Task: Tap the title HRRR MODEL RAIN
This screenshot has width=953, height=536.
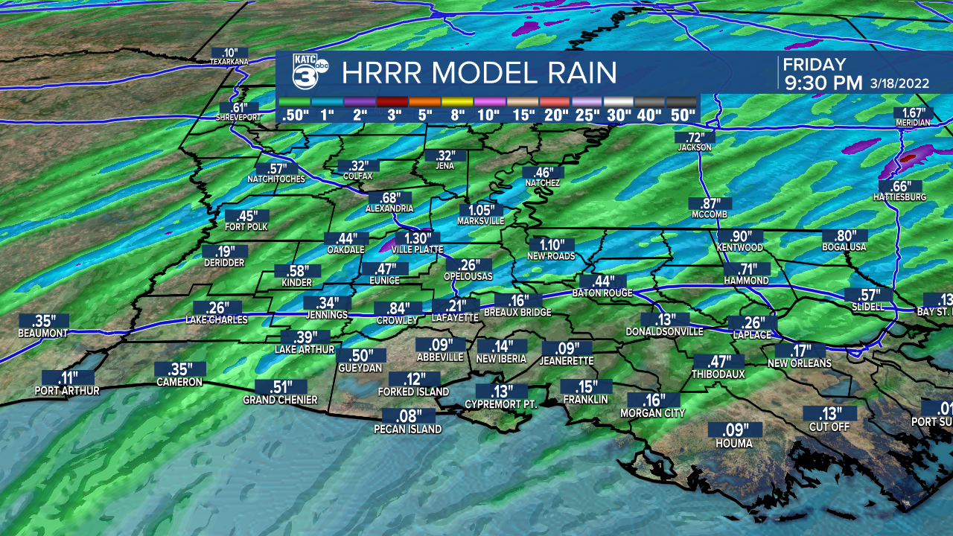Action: coord(479,73)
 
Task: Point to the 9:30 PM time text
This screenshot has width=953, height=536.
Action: coord(823,83)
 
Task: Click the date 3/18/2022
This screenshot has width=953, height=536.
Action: coord(899,83)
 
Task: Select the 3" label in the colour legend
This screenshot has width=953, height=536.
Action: coord(394,115)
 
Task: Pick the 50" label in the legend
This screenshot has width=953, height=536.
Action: coord(682,115)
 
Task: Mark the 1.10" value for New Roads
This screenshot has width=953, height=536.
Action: coord(552,244)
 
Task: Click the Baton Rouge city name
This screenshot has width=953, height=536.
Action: coord(602,293)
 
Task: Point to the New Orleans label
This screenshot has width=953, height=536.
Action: coord(800,363)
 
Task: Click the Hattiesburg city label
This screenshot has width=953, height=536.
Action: coord(899,197)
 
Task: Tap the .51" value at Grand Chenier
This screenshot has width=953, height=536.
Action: coord(280,387)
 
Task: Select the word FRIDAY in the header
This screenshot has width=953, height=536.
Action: coord(815,65)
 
